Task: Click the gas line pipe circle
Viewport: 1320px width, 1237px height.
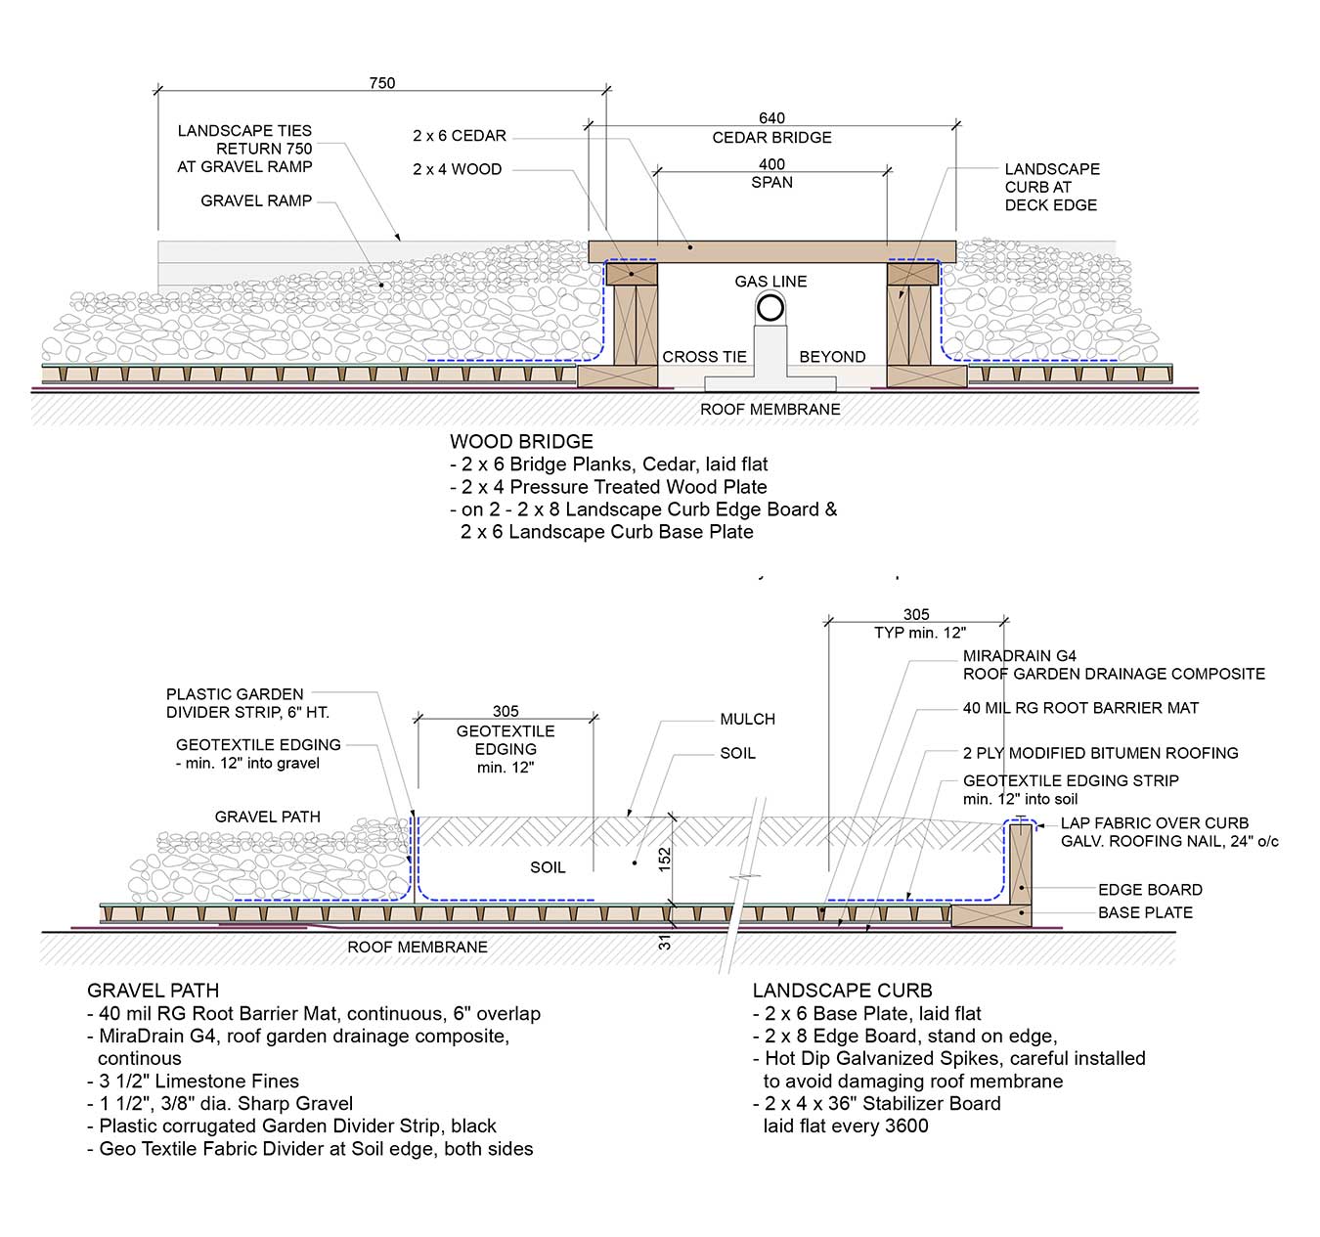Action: (x=770, y=308)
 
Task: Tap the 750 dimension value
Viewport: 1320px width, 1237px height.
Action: (x=382, y=83)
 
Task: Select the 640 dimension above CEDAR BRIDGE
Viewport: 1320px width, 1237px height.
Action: (x=771, y=118)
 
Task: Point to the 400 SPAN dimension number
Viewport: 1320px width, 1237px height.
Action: (x=771, y=164)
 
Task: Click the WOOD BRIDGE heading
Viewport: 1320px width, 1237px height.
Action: (x=521, y=441)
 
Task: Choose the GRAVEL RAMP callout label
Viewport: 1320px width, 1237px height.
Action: (x=256, y=200)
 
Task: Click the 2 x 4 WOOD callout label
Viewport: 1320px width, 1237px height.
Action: (x=457, y=169)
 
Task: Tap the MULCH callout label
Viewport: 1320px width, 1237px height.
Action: (x=747, y=719)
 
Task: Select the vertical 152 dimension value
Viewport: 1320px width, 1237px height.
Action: (x=665, y=859)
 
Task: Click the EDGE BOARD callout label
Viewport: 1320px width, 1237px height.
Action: (x=1150, y=890)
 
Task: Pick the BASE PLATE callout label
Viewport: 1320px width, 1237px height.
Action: (x=1145, y=912)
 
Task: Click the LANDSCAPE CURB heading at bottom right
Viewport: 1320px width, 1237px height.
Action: (x=842, y=991)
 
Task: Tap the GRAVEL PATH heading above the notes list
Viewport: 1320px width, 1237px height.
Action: (x=153, y=991)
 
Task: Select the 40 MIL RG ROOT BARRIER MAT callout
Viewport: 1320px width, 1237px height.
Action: (x=1080, y=708)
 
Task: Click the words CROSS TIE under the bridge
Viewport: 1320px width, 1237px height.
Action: (x=704, y=357)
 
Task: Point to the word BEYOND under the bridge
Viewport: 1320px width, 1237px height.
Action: (x=832, y=357)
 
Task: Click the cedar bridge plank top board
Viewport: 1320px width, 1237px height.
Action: (x=771, y=250)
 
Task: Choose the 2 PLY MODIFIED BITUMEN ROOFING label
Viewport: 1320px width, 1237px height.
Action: (x=1100, y=753)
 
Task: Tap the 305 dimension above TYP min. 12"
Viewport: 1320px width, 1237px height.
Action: (x=916, y=614)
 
